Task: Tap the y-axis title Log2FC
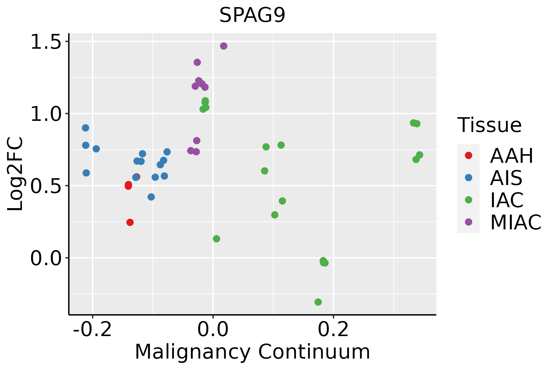click(15, 174)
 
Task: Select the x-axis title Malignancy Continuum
click(252, 352)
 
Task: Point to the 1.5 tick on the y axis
click(46, 41)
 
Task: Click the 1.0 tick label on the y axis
click(46, 114)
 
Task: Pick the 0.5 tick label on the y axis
click(46, 186)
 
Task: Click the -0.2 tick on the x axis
click(92, 330)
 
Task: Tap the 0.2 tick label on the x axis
click(333, 330)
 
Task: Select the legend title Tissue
click(489, 125)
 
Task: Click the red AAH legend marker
click(468, 155)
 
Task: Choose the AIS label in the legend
click(506, 178)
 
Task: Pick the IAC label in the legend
click(507, 200)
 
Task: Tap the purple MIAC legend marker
click(468, 222)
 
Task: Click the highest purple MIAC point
click(224, 46)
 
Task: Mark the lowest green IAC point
click(318, 302)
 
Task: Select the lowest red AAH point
click(130, 222)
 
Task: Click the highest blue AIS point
click(86, 128)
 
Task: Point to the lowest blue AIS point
click(151, 197)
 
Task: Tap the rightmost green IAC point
click(419, 155)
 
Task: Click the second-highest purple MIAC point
click(197, 62)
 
